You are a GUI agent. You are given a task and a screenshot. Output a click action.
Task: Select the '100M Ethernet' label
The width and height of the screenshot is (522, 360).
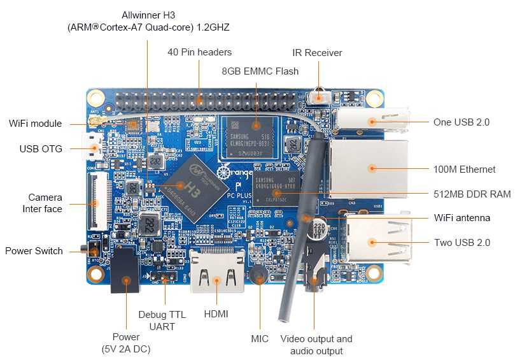[464, 169]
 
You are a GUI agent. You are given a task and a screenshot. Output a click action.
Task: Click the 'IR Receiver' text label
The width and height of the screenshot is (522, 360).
[317, 53]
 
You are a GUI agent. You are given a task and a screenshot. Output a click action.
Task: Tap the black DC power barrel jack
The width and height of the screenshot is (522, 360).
[125, 273]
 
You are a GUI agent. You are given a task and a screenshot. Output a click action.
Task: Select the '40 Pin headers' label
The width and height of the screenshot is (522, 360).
[199, 52]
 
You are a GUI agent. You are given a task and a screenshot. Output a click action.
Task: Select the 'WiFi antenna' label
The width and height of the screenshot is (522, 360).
[462, 218]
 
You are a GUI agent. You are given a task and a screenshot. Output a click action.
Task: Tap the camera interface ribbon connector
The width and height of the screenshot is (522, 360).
[94, 199]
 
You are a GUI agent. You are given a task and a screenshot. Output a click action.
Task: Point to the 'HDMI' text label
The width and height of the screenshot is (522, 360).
[216, 314]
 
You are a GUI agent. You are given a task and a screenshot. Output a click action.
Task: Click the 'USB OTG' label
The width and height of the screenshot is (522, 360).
[41, 149]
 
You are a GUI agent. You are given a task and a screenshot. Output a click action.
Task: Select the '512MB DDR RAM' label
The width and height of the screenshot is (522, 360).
[472, 194]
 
